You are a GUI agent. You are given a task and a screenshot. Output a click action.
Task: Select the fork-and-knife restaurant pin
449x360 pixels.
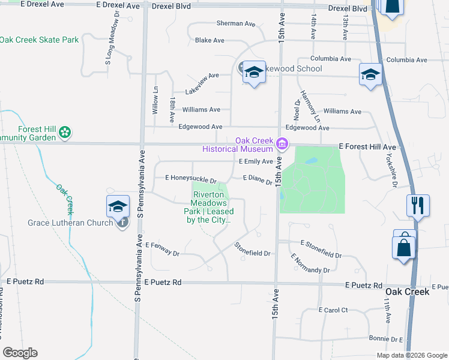tap(417, 205)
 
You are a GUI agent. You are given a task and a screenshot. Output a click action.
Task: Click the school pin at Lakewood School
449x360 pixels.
tap(254, 73)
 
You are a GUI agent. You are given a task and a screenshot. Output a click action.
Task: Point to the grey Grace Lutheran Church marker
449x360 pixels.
tap(122, 223)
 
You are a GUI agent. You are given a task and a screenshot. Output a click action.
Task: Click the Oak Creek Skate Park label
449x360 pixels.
tap(39, 40)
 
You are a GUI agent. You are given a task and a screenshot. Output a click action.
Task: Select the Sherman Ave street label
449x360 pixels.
tap(236, 23)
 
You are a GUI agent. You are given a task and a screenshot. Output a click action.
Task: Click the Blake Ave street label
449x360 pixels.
tap(209, 40)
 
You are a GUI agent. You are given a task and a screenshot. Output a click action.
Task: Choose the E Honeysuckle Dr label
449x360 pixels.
tap(190, 178)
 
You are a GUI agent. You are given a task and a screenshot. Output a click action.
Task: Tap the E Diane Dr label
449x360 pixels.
tap(258, 179)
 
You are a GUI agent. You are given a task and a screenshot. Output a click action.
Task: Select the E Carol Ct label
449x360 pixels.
tap(333, 310)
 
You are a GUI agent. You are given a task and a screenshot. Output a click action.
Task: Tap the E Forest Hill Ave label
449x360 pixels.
tap(367, 146)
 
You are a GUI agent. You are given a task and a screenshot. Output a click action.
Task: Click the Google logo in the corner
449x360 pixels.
tap(20, 353)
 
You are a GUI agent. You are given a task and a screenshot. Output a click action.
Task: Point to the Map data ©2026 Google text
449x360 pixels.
tap(411, 355)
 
